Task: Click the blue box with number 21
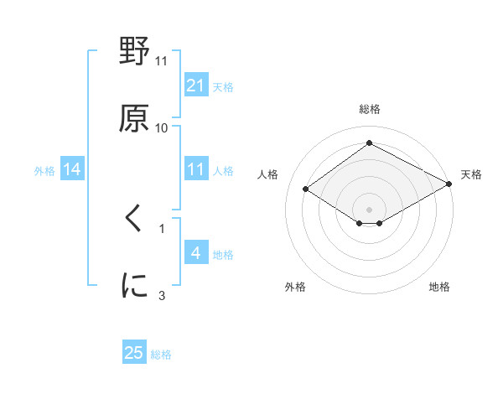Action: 195,86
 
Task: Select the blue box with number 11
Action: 195,169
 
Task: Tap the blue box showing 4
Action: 195,253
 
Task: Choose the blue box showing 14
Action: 72,170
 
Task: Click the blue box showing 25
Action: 134,353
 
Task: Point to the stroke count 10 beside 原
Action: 162,128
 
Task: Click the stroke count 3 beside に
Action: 162,295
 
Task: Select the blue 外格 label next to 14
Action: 44,171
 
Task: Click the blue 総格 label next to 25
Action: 161,355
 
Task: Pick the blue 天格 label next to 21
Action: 223,86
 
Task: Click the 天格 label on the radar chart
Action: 472,174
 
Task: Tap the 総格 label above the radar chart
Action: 369,110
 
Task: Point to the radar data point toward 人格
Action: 306,189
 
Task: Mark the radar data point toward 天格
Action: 449,184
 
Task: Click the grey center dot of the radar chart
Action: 369,209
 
